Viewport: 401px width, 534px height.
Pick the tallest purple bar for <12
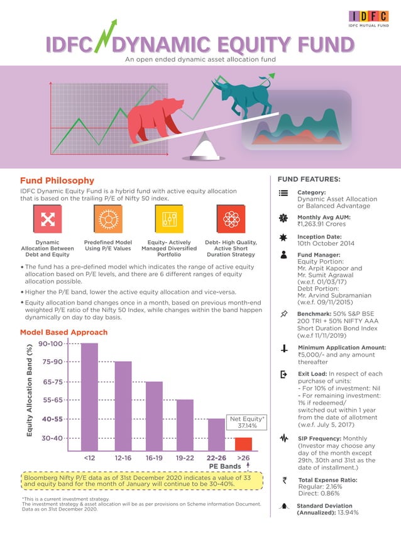pyautogui.click(x=90, y=396)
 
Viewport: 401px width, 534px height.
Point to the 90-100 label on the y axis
pyautogui.click(x=50, y=343)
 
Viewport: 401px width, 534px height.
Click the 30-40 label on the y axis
pyautogui.click(x=52, y=438)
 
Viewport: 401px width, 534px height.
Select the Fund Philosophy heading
pyautogui.click(x=57, y=181)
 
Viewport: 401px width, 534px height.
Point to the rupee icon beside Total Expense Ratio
pyautogui.click(x=284, y=481)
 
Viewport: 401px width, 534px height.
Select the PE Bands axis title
pyautogui.click(x=225, y=466)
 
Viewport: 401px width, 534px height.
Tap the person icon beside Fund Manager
pyautogui.click(x=283, y=255)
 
